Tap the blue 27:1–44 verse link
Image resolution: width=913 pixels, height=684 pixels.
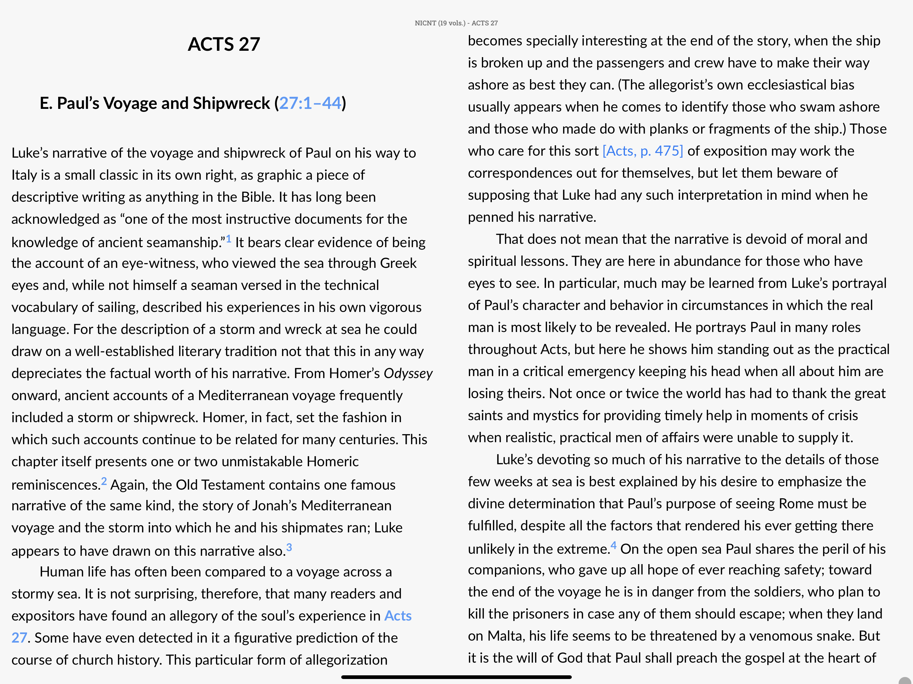coord(310,103)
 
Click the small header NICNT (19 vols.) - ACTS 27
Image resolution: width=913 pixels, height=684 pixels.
coord(456,23)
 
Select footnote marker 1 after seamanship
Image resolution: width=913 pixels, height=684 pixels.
coord(228,239)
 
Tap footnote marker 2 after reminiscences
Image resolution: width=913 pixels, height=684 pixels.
coord(104,481)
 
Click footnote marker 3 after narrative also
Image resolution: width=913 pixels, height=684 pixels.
coord(289,547)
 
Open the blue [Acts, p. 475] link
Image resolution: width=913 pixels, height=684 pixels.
coord(643,151)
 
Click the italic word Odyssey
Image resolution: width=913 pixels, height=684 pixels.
coord(408,373)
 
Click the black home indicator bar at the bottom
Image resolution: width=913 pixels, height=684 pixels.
coord(456,677)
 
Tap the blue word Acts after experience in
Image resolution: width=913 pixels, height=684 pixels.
coord(398,616)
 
